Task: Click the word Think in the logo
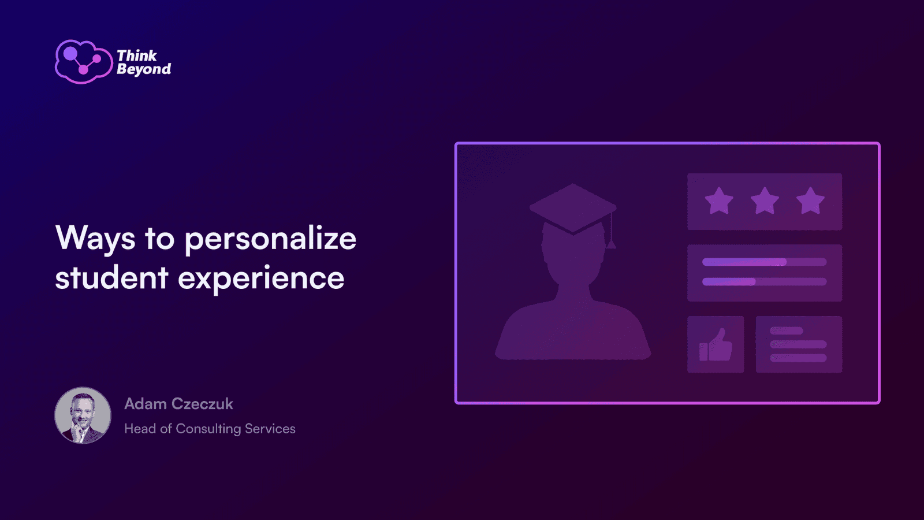pos(136,55)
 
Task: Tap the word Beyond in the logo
pos(144,69)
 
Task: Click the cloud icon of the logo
pos(84,62)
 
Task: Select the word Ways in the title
pos(95,239)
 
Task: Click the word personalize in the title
pos(270,239)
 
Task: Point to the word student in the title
pos(111,277)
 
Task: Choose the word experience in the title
pos(261,278)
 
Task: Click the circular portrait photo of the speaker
pos(83,415)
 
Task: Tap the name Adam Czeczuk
pos(178,404)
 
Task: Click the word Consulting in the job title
pos(208,429)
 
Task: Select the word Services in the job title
pos(270,429)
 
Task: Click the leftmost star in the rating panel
pos(719,201)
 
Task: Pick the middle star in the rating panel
pos(765,201)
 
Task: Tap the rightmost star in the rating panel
pos(810,201)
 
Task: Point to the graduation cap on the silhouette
pos(573,209)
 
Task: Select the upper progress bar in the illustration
pos(765,262)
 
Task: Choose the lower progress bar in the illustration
pos(765,282)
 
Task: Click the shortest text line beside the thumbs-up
pos(787,330)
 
